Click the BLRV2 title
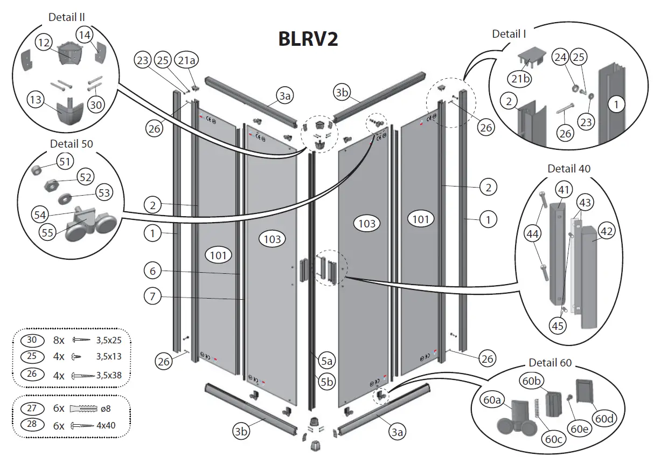pos(308,39)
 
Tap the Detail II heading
pos(66,18)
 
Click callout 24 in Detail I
pos(561,57)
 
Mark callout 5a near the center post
pos(327,361)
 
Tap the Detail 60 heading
pos(551,363)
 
